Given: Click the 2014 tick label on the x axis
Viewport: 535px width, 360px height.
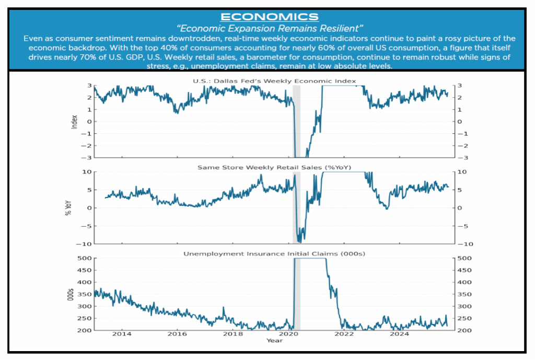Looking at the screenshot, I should tap(122, 334).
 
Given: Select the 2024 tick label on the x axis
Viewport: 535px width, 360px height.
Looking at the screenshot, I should tap(400, 334).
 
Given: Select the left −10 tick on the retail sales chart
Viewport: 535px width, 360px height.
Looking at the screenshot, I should tap(85, 244).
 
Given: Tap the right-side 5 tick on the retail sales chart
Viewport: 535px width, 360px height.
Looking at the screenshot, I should tap(458, 190).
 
